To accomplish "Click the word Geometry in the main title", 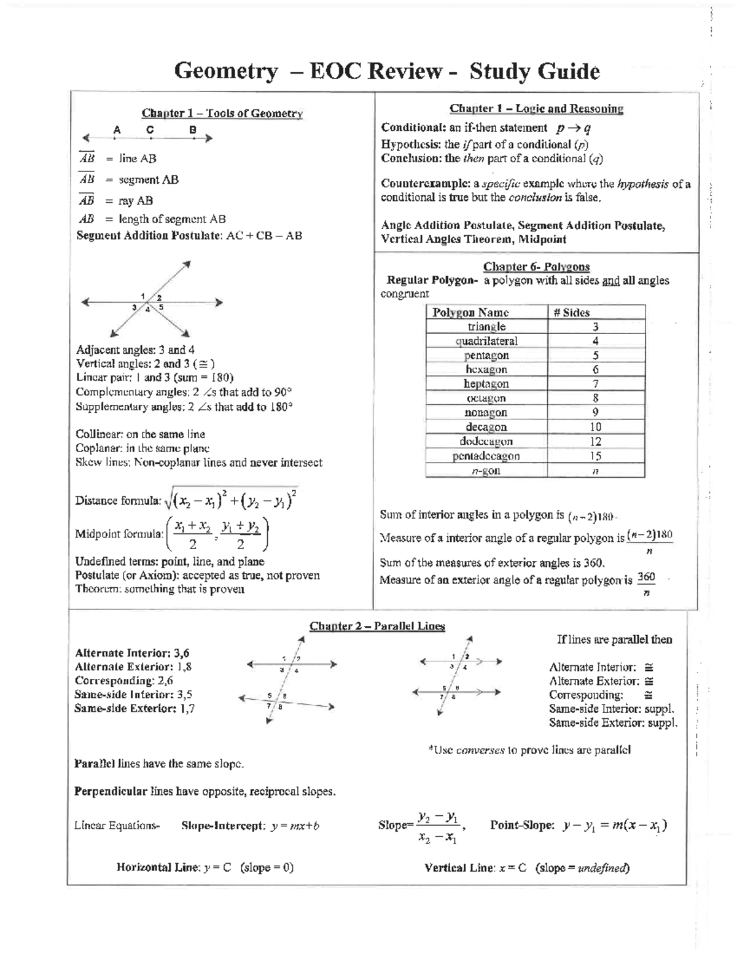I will click(x=226, y=71).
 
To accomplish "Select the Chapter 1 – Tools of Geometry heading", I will click(x=222, y=113).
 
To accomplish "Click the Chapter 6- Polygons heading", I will click(x=536, y=267).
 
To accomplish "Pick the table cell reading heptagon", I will click(x=486, y=384).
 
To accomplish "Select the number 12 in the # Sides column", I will click(x=595, y=442).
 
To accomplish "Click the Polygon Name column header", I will click(x=470, y=312).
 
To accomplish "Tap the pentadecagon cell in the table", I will click(x=486, y=456).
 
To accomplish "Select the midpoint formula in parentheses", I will click(x=217, y=534).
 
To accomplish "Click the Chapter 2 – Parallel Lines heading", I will click(x=377, y=626).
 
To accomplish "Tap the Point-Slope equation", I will click(x=614, y=826).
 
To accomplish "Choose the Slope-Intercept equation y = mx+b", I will click(x=295, y=826).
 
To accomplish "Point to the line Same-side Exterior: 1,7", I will click(x=135, y=708).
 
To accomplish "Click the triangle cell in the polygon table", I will click(x=486, y=327).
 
